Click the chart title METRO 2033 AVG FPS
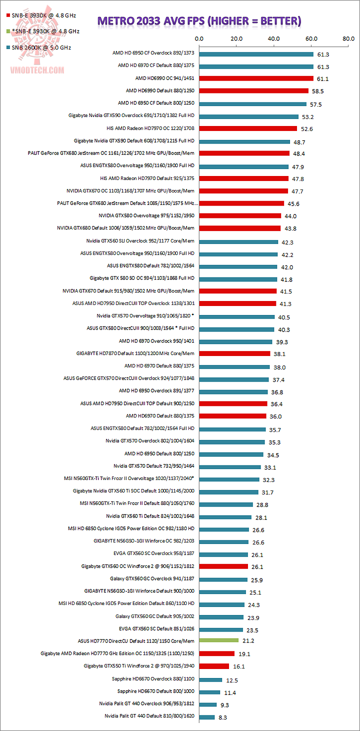[x=199, y=21]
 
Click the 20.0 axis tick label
[x=236, y=38]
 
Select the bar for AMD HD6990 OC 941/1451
[x=256, y=78]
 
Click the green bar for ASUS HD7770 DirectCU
[x=218, y=640]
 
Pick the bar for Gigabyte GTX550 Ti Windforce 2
[x=214, y=666]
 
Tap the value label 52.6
[x=306, y=128]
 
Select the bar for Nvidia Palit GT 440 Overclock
[x=207, y=704]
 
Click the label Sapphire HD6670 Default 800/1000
[x=156, y=691]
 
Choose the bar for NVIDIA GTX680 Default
[x=239, y=228]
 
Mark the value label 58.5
[x=317, y=91]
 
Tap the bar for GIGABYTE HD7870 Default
[x=234, y=353]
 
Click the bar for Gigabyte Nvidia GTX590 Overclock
[x=248, y=116]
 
